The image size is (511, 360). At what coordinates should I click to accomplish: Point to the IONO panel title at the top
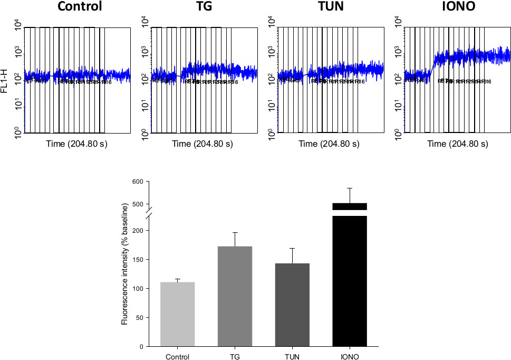click(x=457, y=7)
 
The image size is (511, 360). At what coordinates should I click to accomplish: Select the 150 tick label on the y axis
click(x=137, y=260)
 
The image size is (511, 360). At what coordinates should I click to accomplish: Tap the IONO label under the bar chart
click(x=350, y=356)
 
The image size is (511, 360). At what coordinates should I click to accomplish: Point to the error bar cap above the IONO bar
click(x=350, y=188)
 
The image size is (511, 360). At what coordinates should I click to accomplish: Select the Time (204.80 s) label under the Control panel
click(x=76, y=144)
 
